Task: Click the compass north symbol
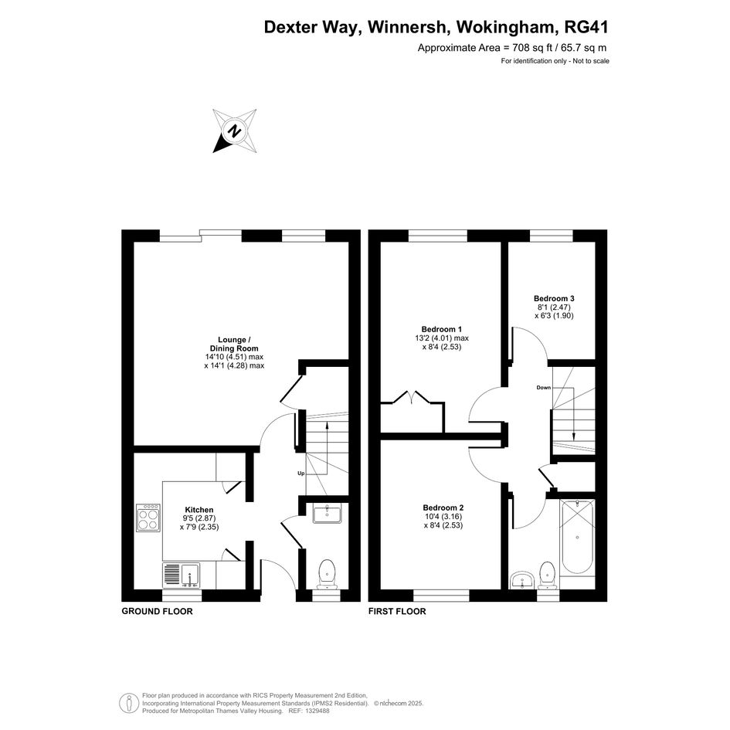[235, 131]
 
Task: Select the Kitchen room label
[199, 510]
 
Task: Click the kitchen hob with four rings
[148, 518]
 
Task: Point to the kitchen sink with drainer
[181, 576]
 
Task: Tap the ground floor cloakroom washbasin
[328, 513]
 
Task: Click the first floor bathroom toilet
[547, 576]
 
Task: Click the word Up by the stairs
[301, 474]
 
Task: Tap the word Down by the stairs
[543, 387]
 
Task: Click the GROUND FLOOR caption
[157, 611]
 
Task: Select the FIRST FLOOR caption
[397, 611]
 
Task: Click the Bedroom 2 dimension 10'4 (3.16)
[443, 517]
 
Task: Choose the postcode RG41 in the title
[586, 27]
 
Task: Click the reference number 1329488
[316, 711]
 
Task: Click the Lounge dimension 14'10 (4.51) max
[234, 357]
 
